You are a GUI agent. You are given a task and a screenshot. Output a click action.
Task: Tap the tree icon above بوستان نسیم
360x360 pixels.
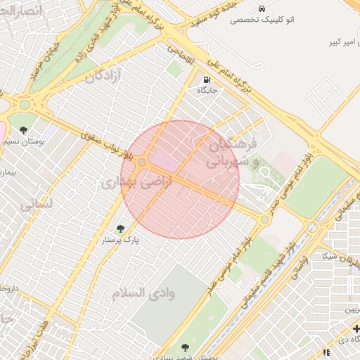click(23, 131)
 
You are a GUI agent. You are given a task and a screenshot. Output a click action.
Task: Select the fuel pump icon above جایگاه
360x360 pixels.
click(207, 79)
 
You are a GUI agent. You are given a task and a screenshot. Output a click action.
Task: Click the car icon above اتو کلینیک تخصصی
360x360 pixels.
click(262, 9)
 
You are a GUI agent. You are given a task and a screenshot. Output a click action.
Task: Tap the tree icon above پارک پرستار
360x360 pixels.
click(120, 229)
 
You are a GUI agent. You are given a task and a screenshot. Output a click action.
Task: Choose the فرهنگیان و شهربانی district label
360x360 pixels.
click(233, 153)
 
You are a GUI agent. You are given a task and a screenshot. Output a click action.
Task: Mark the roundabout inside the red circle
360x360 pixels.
click(142, 163)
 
